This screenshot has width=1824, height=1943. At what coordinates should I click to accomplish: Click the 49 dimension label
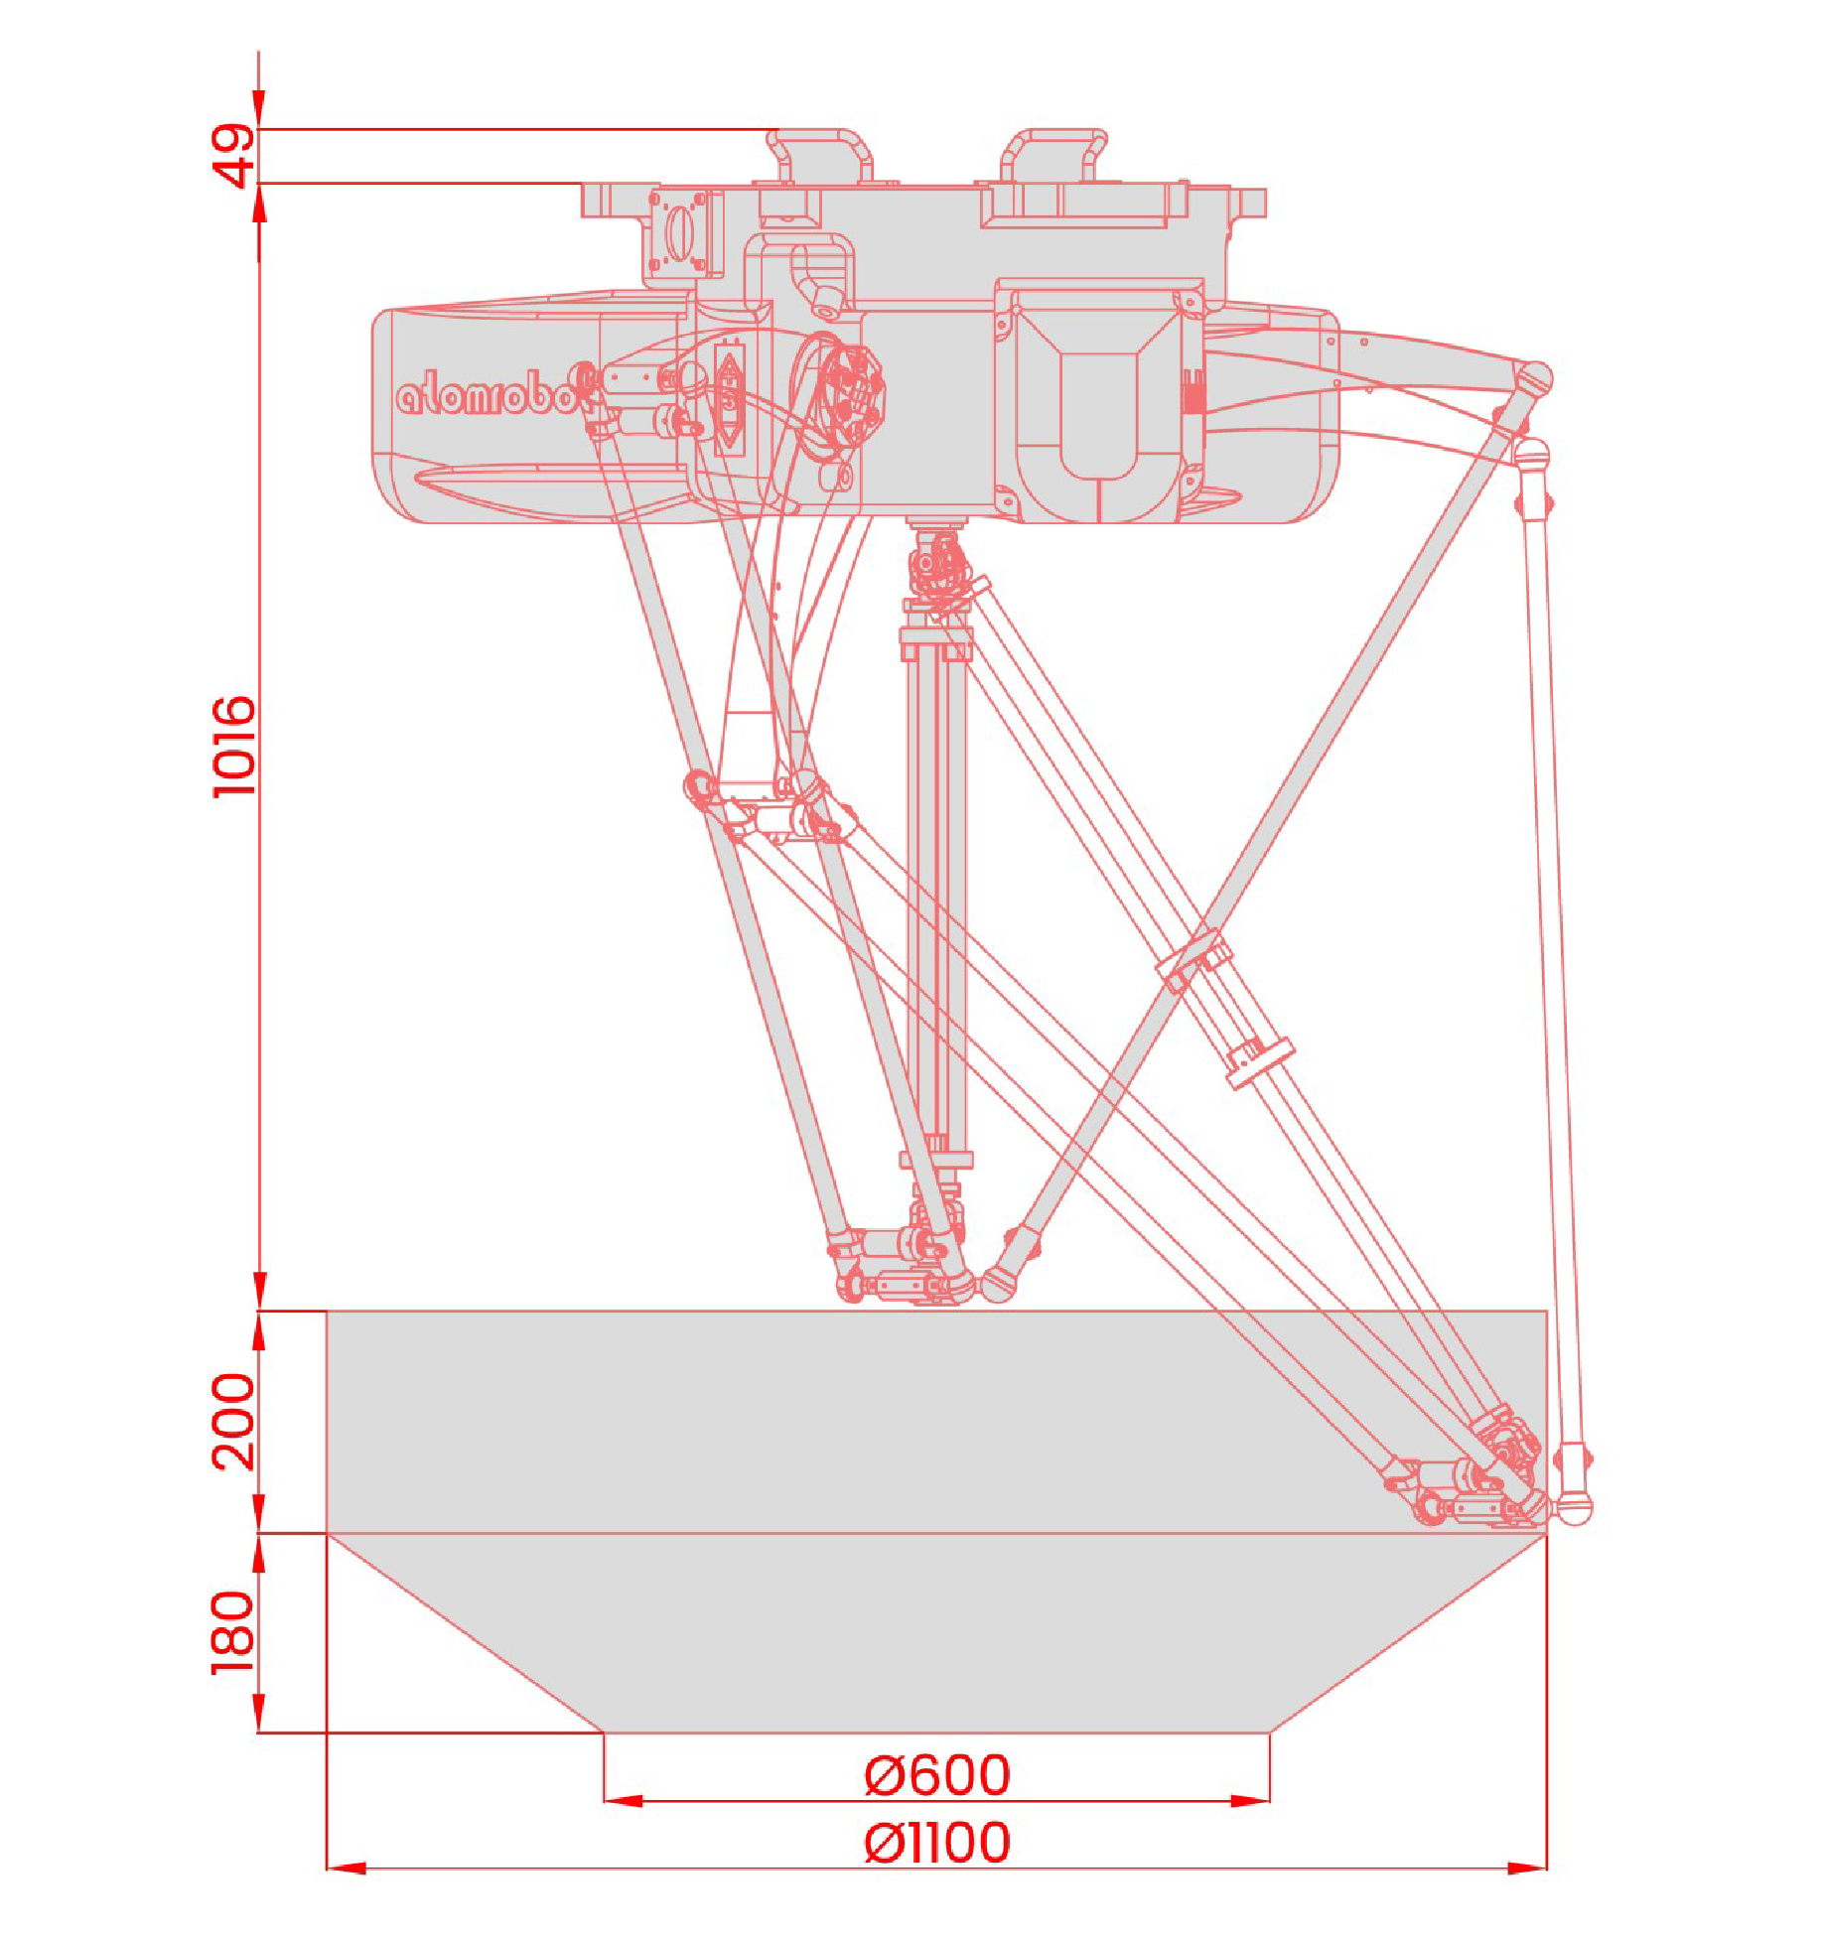234,155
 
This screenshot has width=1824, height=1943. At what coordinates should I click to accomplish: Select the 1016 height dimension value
234,746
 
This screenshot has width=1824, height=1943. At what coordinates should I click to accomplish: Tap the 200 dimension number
234,1421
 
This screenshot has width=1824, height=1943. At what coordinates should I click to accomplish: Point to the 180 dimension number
234,1632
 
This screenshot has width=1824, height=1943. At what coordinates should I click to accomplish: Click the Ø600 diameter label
937,1775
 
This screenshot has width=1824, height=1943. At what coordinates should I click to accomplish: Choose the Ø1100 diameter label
937,1843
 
